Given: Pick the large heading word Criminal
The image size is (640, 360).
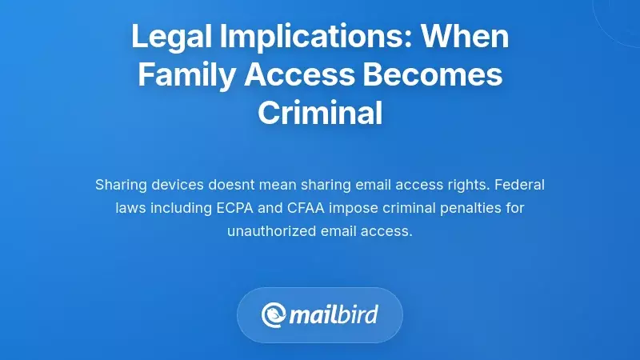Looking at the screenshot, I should pos(320,114).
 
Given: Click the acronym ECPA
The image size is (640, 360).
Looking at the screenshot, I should pos(238,208).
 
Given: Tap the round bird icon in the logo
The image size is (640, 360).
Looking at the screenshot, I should pos(274,314).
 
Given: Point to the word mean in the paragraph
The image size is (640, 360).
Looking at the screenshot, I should pos(291,185).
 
